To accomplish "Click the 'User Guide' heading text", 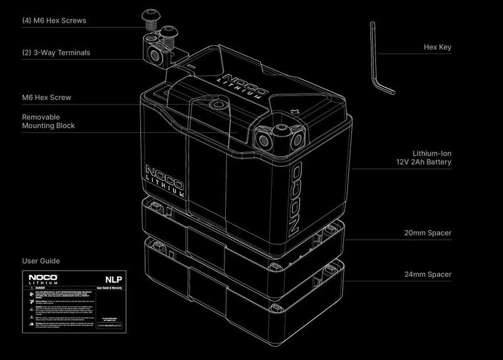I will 41,260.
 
